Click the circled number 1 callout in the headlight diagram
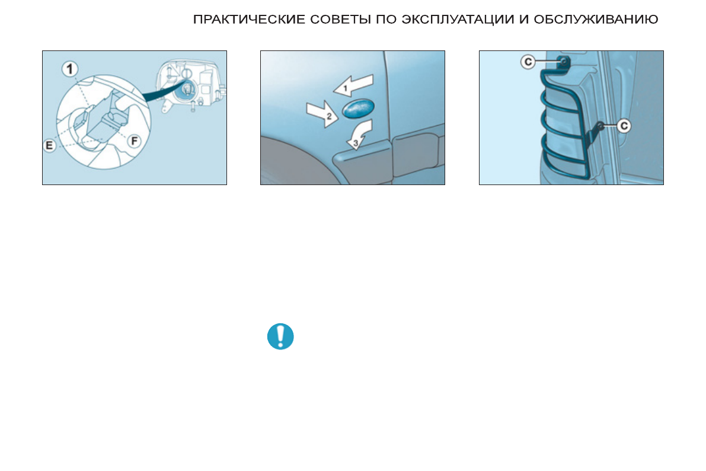click(x=71, y=69)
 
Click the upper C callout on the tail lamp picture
click(x=528, y=61)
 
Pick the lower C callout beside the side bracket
click(x=624, y=125)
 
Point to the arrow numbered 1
click(x=353, y=85)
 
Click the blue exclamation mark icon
click(x=280, y=336)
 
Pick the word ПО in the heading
click(x=387, y=20)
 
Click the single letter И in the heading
click(x=523, y=20)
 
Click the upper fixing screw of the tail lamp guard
click(x=564, y=61)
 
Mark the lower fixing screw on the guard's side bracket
click(x=600, y=125)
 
